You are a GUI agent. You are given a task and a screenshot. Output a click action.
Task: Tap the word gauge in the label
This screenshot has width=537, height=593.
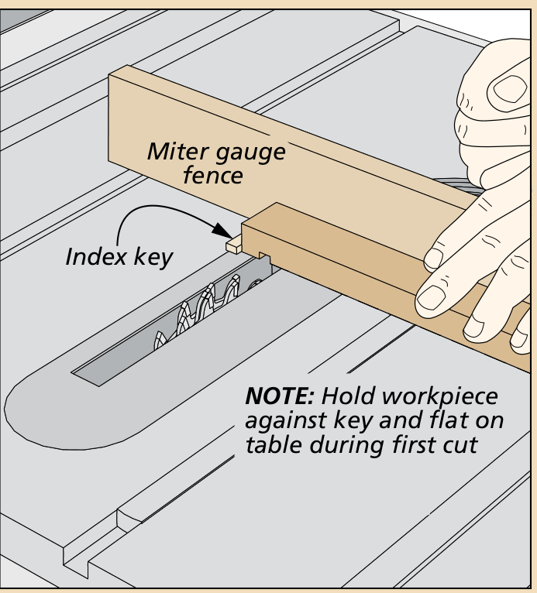[247, 151]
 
